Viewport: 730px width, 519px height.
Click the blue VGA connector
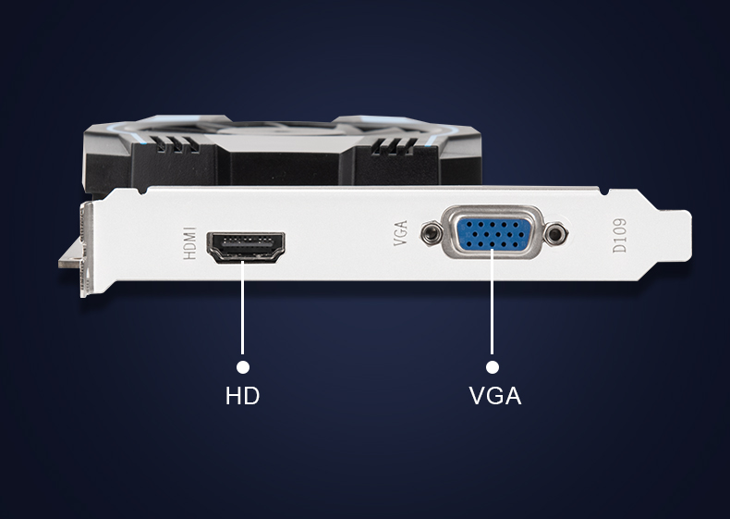click(492, 235)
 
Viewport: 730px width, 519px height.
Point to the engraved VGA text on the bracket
click(400, 235)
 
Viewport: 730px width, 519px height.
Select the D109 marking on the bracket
click(619, 235)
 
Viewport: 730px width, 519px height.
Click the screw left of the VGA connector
click(430, 235)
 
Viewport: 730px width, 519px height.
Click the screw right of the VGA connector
click(554, 235)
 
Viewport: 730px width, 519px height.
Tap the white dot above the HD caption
click(244, 367)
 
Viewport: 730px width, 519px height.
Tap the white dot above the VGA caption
click(492, 367)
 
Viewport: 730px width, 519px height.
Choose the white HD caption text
click(243, 397)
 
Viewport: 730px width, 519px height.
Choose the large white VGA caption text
click(495, 397)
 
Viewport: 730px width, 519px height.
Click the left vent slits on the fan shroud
click(175, 145)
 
